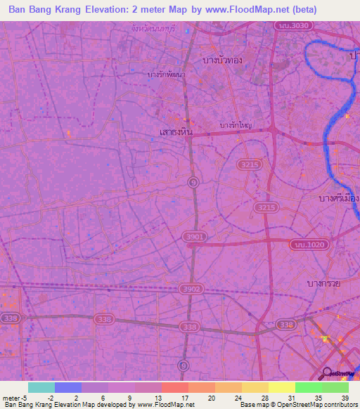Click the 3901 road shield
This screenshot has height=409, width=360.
pyautogui.click(x=195, y=238)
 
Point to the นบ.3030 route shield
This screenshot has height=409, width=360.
pyautogui.click(x=290, y=26)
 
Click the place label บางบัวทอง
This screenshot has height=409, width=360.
pyautogui.click(x=221, y=60)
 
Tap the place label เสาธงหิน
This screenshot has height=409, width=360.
pyautogui.click(x=174, y=131)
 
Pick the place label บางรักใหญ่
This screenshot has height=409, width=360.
pyautogui.click(x=236, y=125)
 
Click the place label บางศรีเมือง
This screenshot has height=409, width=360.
pyautogui.click(x=335, y=199)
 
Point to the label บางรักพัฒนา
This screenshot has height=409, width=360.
pyautogui.click(x=167, y=74)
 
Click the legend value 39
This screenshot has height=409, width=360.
pyautogui.click(x=345, y=398)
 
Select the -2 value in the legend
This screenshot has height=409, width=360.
pyautogui.click(x=47, y=398)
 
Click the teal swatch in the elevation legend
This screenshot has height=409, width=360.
pyautogui.click(x=41, y=387)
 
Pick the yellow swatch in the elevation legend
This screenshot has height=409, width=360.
pyautogui.click(x=281, y=387)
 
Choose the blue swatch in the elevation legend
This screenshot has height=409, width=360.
pyautogui.click(x=67, y=387)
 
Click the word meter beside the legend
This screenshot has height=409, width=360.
pyautogui.click(x=11, y=398)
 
